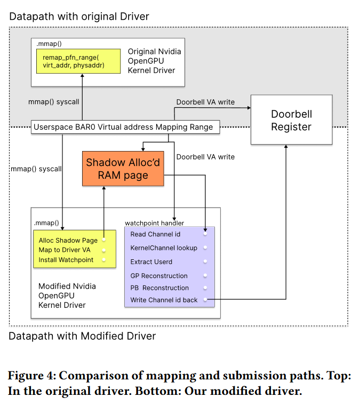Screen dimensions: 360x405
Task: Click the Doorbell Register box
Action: [x=291, y=120]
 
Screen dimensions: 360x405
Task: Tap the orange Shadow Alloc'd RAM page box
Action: [x=123, y=169]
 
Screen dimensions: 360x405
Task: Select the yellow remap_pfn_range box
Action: [x=78, y=61]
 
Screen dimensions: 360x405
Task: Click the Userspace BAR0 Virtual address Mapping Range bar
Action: [x=125, y=127]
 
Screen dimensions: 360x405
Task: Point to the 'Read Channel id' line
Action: [x=155, y=234]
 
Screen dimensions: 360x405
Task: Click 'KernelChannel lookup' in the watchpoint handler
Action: [x=164, y=248]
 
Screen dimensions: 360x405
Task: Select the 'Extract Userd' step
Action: [x=151, y=262]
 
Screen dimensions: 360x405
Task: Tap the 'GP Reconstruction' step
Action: [x=159, y=276]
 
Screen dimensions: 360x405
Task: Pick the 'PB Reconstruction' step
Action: [x=159, y=288]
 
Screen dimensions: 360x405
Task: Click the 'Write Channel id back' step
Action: [x=164, y=300]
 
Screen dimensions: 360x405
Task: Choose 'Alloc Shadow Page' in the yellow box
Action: [x=68, y=241]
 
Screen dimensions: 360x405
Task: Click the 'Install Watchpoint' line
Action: [x=66, y=260]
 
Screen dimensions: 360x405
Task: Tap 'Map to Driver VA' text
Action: [x=65, y=250]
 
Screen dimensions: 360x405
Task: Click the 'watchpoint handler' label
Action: [x=155, y=223]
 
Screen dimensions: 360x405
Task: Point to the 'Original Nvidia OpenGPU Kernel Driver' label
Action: [x=154, y=61]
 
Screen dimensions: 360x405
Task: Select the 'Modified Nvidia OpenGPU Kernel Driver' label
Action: [x=67, y=296]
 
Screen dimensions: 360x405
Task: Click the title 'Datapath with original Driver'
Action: [x=79, y=17]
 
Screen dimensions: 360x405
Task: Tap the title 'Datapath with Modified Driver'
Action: [x=82, y=336]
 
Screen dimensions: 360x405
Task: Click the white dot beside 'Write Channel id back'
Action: [x=205, y=300]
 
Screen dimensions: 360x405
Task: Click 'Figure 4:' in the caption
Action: [x=32, y=376]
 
